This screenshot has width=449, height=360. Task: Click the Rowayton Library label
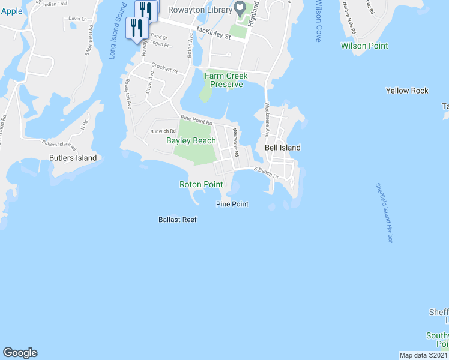point(199,10)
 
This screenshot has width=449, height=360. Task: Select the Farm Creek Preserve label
point(224,80)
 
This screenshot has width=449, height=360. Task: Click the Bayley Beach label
point(191,140)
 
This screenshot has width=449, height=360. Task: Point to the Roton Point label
point(201,184)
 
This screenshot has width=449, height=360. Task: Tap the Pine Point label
point(232,204)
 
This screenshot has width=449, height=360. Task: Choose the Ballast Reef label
point(178,220)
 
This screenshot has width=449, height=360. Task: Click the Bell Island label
point(282,148)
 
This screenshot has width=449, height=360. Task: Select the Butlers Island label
point(73,158)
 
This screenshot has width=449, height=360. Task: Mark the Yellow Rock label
point(407,91)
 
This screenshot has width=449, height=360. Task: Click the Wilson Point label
point(364,46)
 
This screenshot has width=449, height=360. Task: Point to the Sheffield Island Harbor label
point(384,213)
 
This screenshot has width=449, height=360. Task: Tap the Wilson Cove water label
point(317,21)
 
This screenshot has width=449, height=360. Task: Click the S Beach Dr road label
point(266,173)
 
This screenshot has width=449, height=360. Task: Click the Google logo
point(20,353)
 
